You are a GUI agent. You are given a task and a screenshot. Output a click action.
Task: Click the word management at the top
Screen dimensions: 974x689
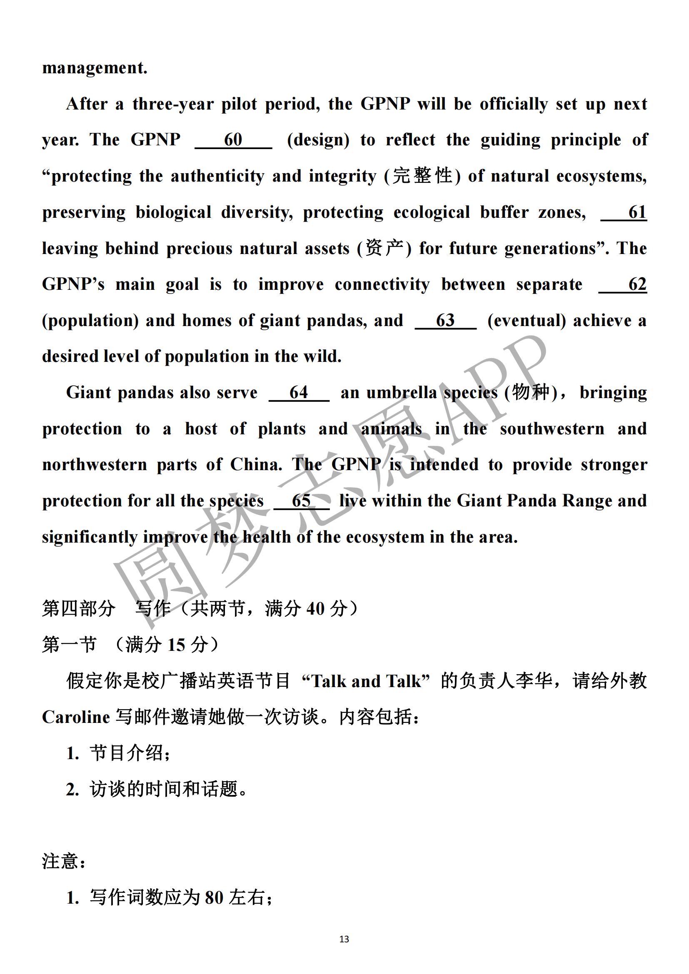(x=95, y=68)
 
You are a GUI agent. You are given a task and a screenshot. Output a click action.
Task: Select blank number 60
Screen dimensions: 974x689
(x=233, y=140)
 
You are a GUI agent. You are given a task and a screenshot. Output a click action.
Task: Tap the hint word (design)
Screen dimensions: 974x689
(x=318, y=140)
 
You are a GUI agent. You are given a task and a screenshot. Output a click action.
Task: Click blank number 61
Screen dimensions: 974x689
(x=624, y=212)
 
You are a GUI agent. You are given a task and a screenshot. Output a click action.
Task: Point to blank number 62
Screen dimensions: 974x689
(x=623, y=284)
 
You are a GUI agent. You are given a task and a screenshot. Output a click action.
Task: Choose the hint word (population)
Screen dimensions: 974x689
(x=90, y=321)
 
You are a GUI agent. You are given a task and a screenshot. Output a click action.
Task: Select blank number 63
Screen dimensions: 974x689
(x=445, y=321)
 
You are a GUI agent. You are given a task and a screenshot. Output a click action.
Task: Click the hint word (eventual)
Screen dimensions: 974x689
(x=527, y=321)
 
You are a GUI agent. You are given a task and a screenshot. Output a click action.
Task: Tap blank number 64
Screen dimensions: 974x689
(x=299, y=393)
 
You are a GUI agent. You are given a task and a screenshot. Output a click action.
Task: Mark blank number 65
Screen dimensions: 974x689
(x=301, y=501)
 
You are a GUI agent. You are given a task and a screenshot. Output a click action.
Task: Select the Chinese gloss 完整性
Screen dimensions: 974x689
(x=422, y=176)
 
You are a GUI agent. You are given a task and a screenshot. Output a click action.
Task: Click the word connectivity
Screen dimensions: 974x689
(x=382, y=285)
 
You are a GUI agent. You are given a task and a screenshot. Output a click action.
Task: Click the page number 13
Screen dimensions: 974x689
(x=344, y=939)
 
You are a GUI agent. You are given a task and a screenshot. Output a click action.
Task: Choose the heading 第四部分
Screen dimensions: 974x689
(x=78, y=609)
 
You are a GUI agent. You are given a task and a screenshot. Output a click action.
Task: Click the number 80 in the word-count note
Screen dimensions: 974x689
(x=214, y=898)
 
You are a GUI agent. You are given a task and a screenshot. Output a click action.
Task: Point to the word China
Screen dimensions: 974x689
(x=256, y=465)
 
